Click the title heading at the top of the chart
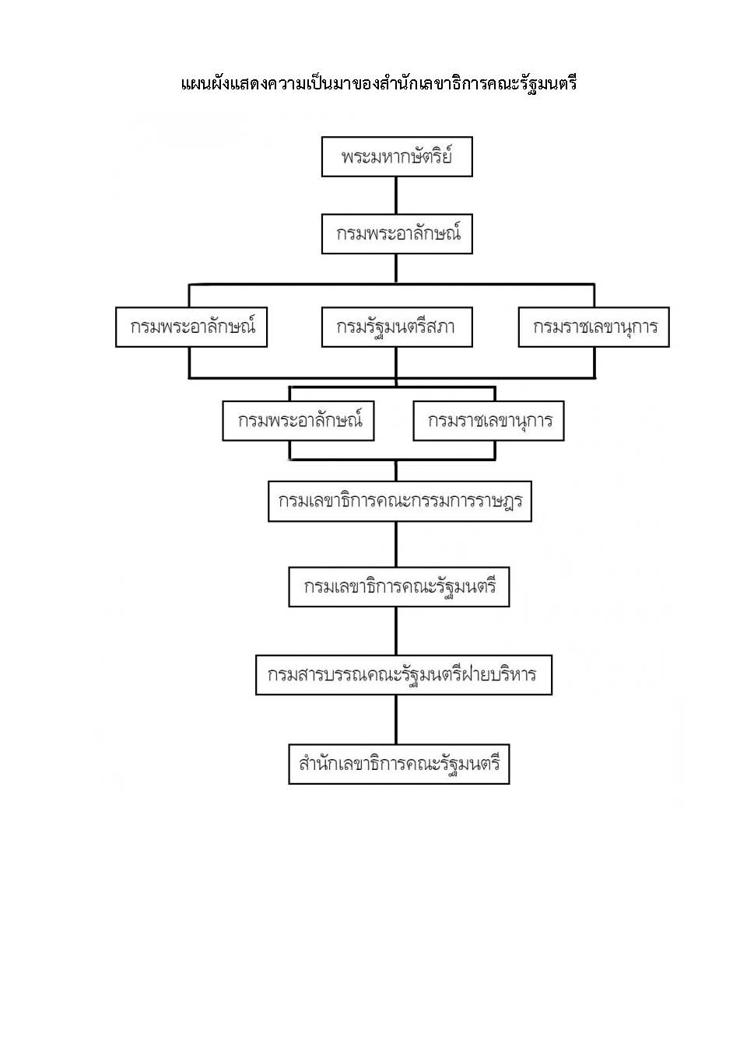coord(379,84)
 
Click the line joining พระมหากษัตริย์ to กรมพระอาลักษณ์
coord(397,195)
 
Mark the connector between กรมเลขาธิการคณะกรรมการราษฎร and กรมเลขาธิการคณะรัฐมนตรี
coord(397,544)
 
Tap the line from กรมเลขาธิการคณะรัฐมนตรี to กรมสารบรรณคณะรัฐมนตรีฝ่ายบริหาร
coord(397,631)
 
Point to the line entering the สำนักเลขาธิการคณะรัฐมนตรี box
coord(397,719)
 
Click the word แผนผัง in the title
coord(205,84)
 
